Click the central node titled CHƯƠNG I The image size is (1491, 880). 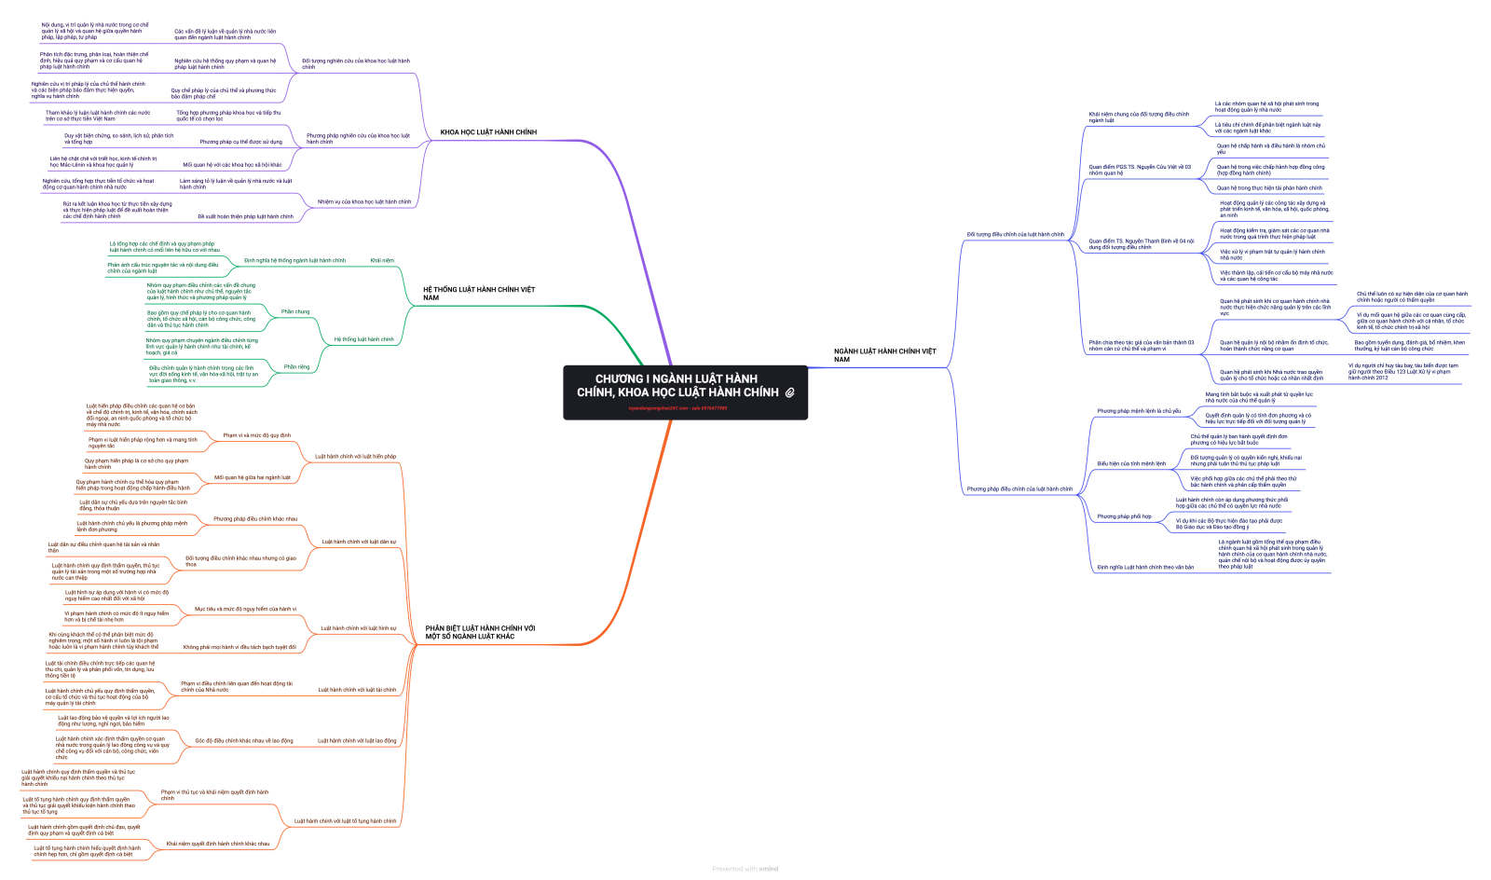pos(677,385)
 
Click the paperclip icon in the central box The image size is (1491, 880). pos(789,392)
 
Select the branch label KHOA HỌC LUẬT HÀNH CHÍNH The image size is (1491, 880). pos(488,132)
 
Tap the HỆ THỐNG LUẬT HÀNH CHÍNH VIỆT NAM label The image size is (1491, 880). pos(479,294)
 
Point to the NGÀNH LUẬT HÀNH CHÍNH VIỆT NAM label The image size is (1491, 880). pos(884,355)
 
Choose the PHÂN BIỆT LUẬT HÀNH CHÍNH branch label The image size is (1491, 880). pos(480,632)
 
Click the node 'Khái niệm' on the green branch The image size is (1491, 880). pos(382,261)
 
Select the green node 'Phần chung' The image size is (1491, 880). pos(295,312)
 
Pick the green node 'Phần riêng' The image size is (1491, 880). pos(296,367)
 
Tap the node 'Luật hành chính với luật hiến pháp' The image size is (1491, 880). pos(355,457)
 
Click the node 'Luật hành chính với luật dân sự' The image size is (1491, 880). pos(359,542)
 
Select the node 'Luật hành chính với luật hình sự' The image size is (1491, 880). pos(359,628)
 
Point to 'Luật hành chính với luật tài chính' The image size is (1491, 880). pos(357,690)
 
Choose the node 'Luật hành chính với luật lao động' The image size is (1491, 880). pos(357,741)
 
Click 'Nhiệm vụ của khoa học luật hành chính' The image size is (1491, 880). pos(364,202)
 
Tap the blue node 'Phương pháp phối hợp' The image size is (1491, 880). pos(1124,516)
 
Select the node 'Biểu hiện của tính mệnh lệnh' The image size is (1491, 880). pos(1131,463)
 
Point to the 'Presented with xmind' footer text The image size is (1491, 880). pos(745,869)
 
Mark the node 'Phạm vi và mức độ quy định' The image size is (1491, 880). pos(257,435)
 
